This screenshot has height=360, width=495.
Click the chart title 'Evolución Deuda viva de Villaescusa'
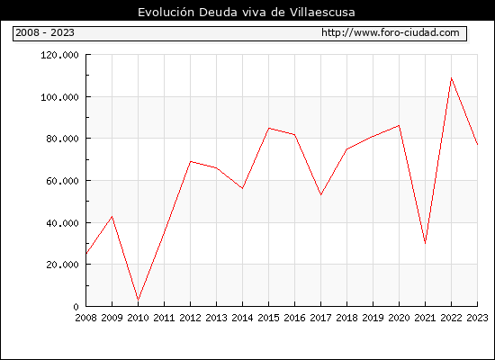[247, 13]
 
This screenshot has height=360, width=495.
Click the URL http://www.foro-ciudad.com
[391, 32]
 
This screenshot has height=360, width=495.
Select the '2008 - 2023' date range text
[45, 32]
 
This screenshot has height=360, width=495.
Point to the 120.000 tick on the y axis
[59, 55]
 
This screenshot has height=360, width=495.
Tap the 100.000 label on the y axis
[59, 97]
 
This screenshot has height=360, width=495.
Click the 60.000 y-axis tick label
[62, 181]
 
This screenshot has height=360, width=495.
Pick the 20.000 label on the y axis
[62, 265]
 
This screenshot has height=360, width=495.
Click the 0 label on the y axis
[76, 307]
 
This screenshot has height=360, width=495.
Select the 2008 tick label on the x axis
[85, 318]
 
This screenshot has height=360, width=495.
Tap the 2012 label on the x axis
[191, 318]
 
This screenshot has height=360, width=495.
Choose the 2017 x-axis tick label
[320, 318]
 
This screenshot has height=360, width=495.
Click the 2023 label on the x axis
[477, 318]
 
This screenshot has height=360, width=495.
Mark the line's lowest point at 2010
[138, 300]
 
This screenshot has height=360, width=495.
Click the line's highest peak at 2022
[452, 77]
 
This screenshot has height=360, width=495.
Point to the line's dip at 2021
[425, 244]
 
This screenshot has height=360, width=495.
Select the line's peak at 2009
[112, 216]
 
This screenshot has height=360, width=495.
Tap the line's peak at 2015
[269, 128]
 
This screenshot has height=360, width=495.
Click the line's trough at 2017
[320, 194]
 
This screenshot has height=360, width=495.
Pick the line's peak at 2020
[399, 125]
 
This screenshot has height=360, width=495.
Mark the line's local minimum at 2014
[242, 188]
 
